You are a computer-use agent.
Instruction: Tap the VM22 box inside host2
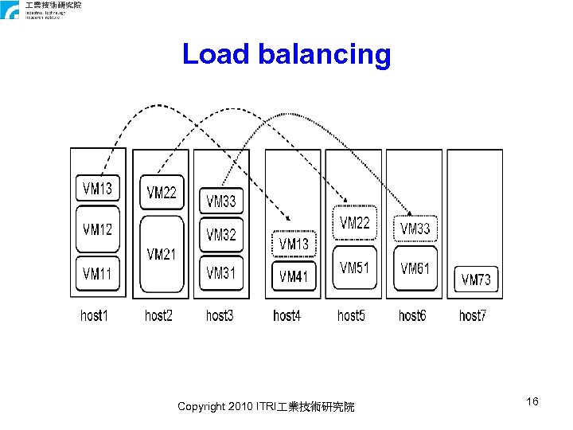coord(162,193)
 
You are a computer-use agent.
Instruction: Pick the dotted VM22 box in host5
coord(355,224)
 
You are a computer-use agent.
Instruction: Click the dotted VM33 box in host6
coord(415,229)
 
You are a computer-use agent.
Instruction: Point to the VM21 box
coord(162,254)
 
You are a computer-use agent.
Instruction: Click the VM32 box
coord(221,235)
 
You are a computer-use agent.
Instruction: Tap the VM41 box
coord(294,277)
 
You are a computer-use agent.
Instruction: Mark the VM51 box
coord(355,268)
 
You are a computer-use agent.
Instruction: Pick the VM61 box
coord(415,269)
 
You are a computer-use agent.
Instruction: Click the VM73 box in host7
coord(476,279)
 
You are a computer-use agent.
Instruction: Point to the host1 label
coord(94,316)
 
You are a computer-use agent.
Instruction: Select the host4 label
coord(286,316)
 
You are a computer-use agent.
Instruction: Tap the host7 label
coord(473,316)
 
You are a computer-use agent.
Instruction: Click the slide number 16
coord(532,402)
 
